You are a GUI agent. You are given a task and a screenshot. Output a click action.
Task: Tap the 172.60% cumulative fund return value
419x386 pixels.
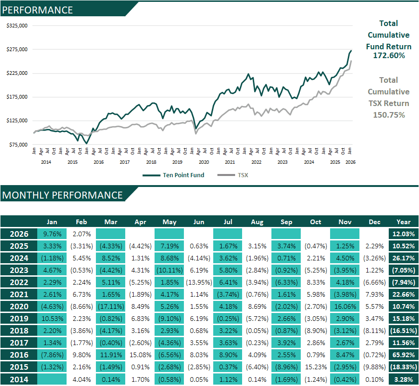tap(389, 55)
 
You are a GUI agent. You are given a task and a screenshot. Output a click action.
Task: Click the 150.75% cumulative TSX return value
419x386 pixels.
tap(389, 115)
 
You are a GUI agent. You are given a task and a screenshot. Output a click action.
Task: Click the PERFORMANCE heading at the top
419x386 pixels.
tap(38, 10)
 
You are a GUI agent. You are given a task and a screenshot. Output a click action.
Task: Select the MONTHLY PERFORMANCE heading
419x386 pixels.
tap(62, 195)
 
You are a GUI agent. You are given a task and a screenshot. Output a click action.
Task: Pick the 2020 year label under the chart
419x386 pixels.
tap(203, 162)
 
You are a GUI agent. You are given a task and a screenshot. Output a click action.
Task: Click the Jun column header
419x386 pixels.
tap(199, 222)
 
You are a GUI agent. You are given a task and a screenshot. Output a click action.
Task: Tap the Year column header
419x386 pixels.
tap(404, 222)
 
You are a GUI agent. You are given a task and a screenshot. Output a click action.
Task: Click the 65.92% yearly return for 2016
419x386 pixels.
tap(404, 355)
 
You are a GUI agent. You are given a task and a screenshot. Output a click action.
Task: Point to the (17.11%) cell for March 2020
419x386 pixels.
tap(111, 306)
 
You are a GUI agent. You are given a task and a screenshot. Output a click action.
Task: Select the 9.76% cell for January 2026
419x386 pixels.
tap(52, 234)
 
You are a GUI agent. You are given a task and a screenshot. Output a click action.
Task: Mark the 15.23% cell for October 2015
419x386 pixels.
tap(316, 367)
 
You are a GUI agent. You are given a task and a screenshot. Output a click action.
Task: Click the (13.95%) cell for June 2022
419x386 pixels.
tap(199, 282)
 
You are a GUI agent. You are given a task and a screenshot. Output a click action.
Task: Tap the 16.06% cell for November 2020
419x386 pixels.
tap(345, 306)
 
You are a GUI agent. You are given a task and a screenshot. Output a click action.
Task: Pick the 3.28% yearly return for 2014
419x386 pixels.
tap(404, 379)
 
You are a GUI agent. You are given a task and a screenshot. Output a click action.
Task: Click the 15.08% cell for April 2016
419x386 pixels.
tap(140, 355)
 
